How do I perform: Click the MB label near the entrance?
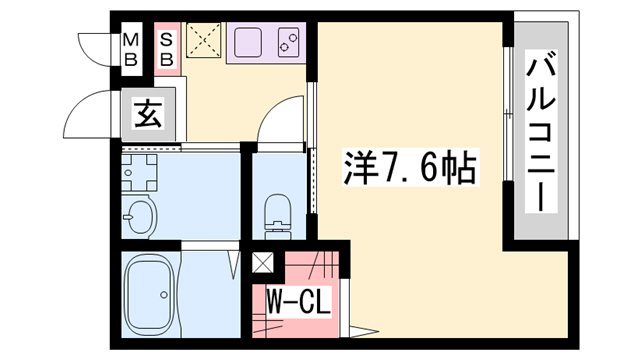pyautogui.click(x=130, y=49)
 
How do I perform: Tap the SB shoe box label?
pyautogui.click(x=166, y=49)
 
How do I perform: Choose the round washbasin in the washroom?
pyautogui.click(x=140, y=215)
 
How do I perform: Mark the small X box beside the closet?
pyautogui.click(x=263, y=265)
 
